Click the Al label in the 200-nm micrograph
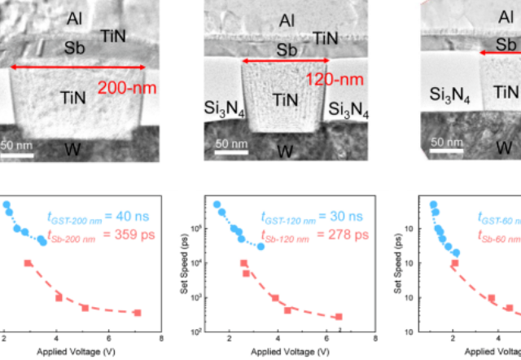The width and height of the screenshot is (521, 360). pos(74,17)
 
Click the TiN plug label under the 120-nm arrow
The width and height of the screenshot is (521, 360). pos(284,99)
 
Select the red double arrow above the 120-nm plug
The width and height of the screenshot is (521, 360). pos(282,60)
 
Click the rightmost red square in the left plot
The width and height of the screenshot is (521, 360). pos(138,313)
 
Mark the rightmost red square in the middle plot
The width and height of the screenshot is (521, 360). pos(339,317)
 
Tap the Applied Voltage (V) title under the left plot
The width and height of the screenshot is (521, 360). pos(77,352)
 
